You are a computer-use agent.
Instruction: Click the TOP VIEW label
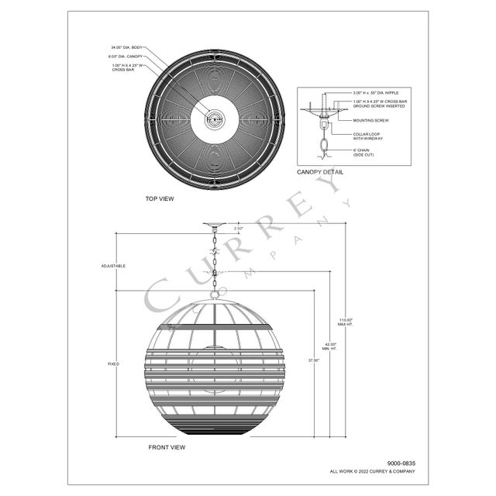tap(160, 198)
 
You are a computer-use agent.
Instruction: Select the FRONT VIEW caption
tap(167, 447)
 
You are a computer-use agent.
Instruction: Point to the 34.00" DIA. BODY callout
tap(126, 48)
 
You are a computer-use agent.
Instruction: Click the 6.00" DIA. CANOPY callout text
tap(126, 57)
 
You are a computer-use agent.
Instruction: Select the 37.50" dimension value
tap(312, 360)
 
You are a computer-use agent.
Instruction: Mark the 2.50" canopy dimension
tap(239, 229)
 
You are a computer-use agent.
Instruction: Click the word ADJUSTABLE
tap(113, 266)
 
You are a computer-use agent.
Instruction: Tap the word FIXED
tap(113, 363)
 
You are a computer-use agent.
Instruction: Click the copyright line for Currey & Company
tap(372, 470)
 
